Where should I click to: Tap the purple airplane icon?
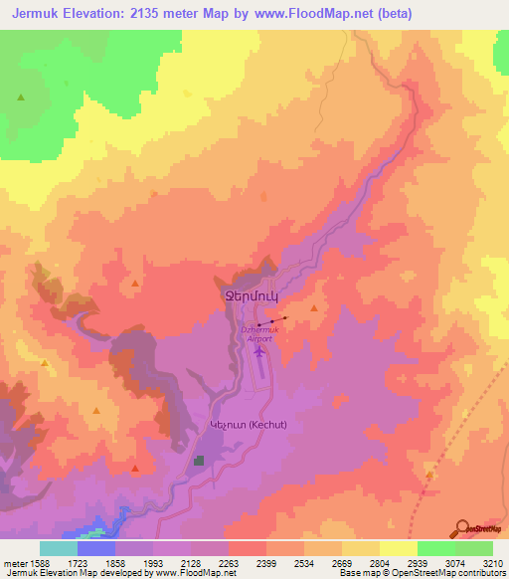pos(260,351)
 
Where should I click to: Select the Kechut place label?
pos(248,425)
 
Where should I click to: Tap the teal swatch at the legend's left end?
pos(59,548)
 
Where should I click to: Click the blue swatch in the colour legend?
pos(96,548)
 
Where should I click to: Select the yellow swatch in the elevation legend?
pos(398,548)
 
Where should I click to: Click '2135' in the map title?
pos(155,14)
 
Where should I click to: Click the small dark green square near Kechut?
pos(199,461)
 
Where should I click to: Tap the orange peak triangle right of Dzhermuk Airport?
pos(314,309)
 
